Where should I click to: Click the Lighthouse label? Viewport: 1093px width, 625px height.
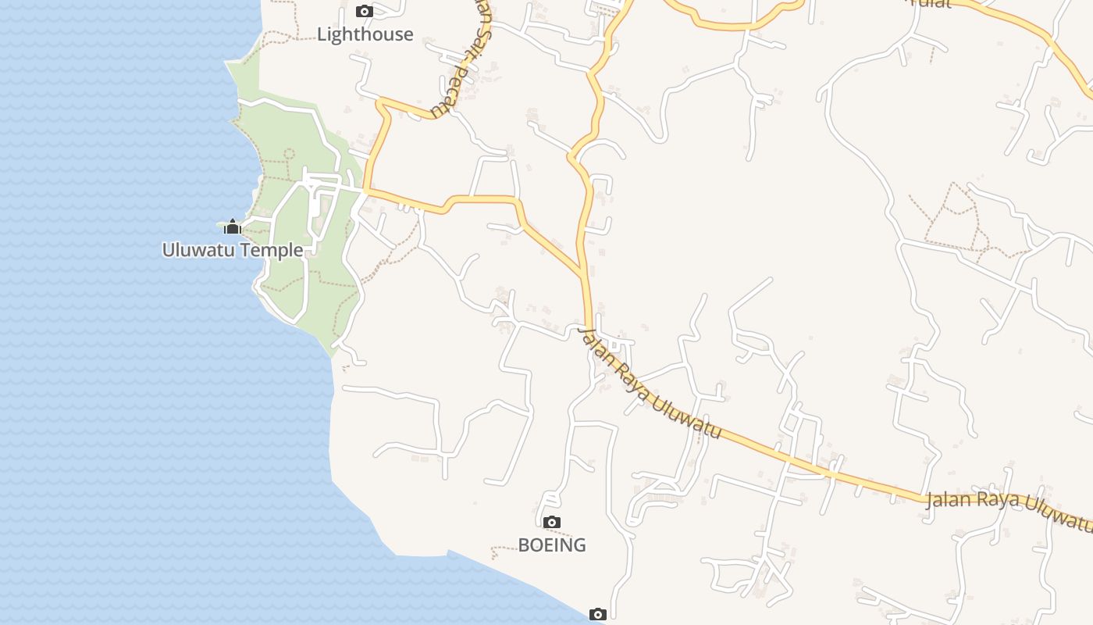(x=365, y=34)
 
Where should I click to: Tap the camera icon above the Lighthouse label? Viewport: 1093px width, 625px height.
(x=365, y=11)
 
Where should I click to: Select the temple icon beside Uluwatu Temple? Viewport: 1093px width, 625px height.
(x=232, y=227)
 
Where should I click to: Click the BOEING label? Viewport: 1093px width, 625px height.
(x=552, y=545)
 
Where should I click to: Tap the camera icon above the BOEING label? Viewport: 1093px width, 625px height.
(x=552, y=522)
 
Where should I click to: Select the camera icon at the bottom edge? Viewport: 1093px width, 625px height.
(x=598, y=615)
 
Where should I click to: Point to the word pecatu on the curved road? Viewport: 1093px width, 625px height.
(x=457, y=89)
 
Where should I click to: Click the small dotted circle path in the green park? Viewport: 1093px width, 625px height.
(x=290, y=154)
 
